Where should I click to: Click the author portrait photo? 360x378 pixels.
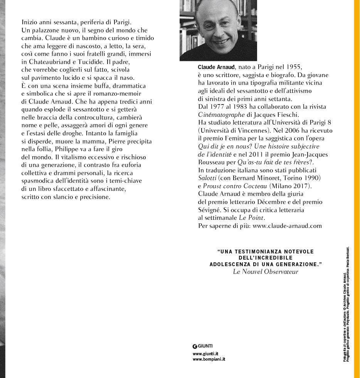point(218,30)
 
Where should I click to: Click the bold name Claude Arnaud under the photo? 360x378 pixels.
point(216,67)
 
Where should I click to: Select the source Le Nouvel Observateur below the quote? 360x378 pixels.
point(266,272)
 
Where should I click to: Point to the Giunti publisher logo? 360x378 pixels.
point(202,346)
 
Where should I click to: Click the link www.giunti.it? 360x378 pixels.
point(205,353)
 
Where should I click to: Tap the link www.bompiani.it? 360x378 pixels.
point(209,359)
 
